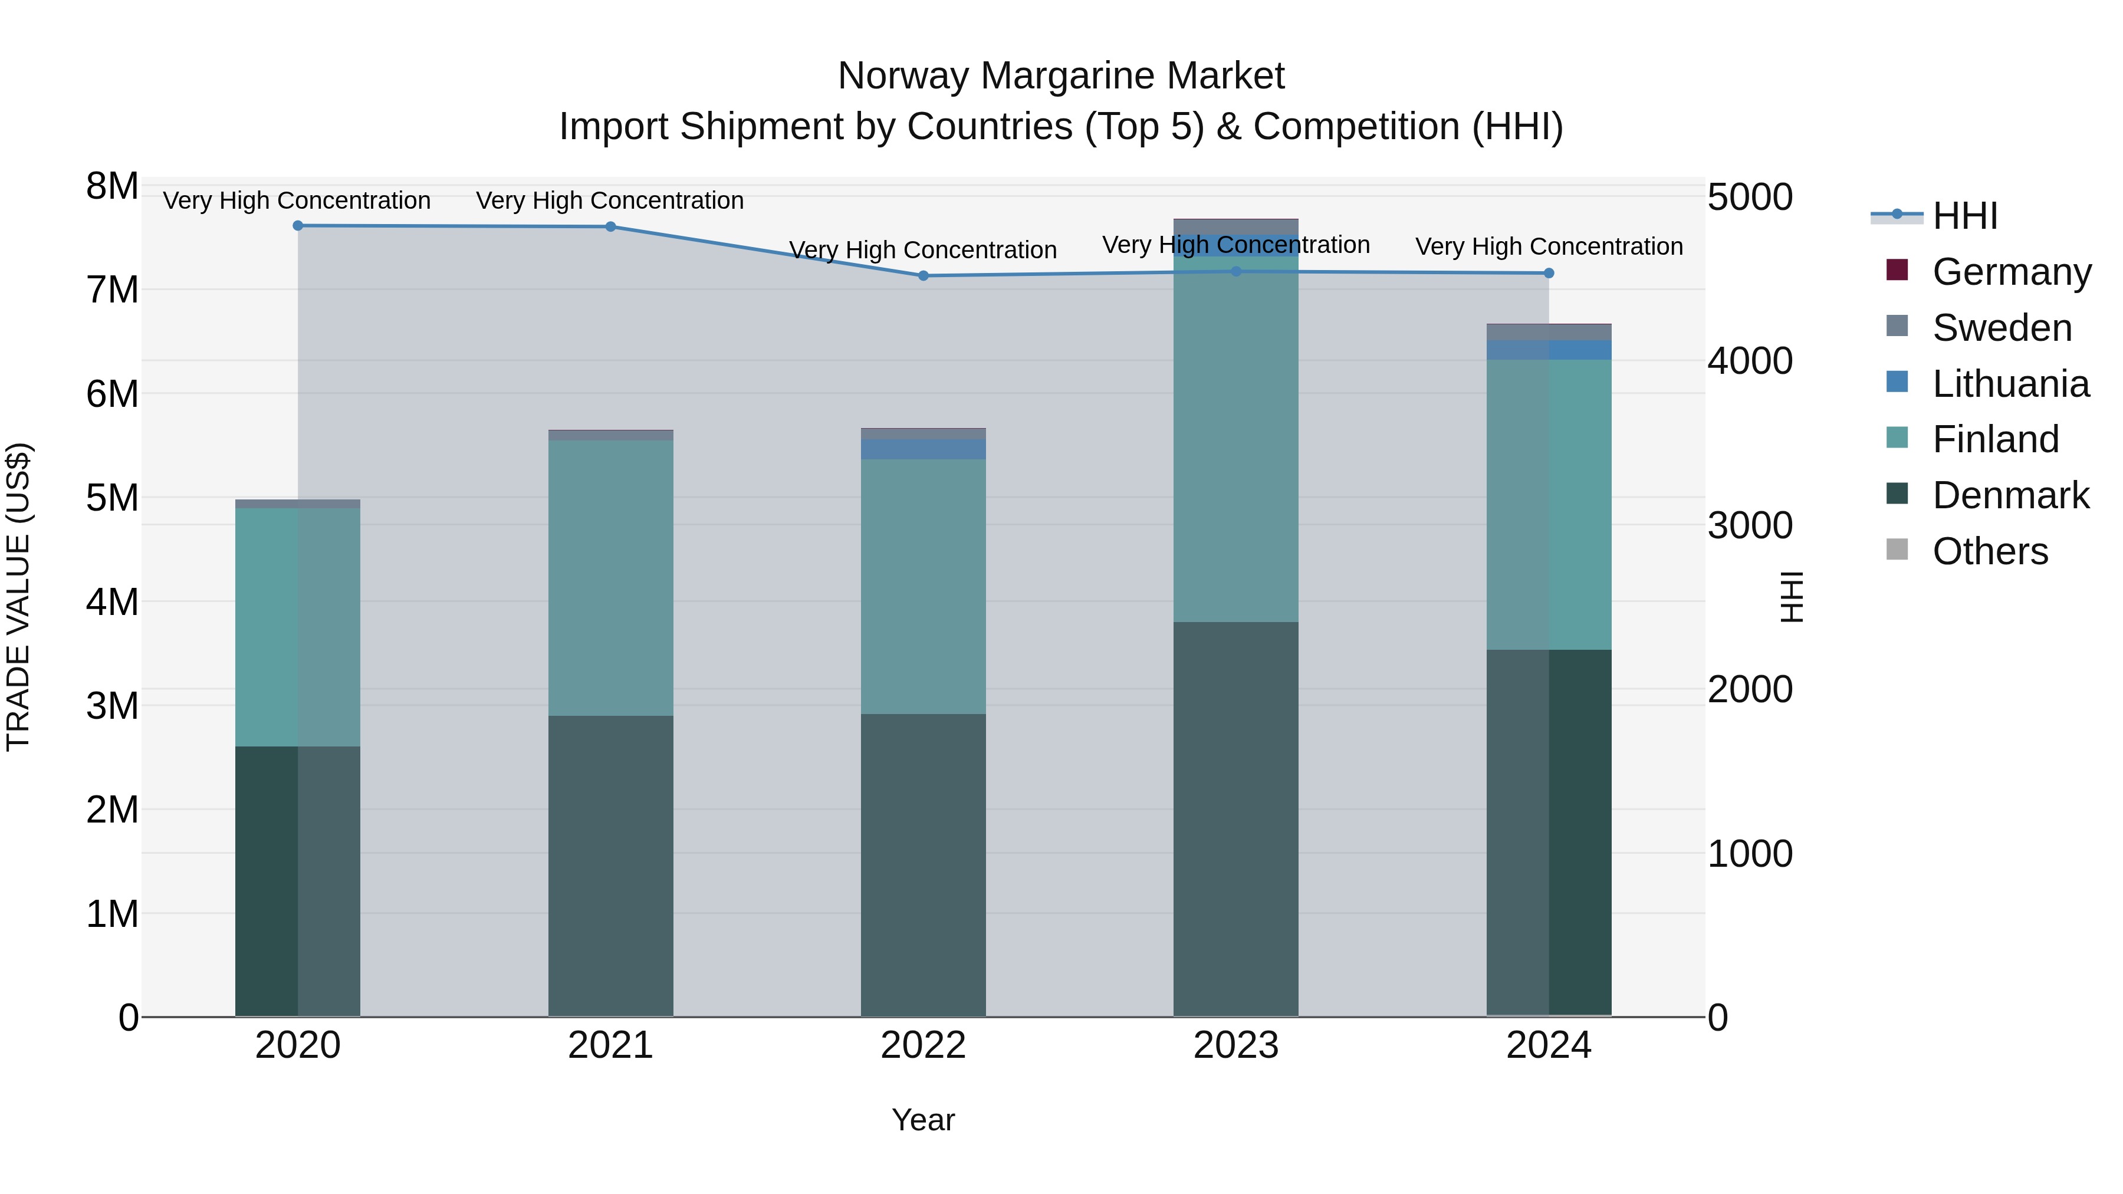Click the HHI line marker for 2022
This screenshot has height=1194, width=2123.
click(923, 276)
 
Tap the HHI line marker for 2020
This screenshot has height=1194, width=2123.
click(298, 226)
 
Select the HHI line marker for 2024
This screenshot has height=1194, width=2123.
click(1549, 273)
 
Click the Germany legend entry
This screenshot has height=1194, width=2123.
click(2011, 272)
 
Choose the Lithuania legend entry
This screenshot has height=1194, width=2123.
click(2010, 384)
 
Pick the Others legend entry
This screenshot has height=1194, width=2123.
click(1990, 551)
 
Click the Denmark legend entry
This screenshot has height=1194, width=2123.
click(2010, 495)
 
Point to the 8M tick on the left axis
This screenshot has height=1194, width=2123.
click(112, 186)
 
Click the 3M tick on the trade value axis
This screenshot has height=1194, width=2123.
click(112, 705)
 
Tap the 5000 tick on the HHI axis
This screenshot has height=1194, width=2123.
click(1750, 198)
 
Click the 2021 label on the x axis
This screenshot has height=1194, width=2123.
click(611, 1045)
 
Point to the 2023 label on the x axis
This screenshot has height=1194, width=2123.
click(1235, 1045)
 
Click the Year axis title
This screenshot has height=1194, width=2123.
click(923, 1120)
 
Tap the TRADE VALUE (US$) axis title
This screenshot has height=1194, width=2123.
click(18, 597)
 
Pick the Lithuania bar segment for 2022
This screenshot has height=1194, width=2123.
click(923, 449)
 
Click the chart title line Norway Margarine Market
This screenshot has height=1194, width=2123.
click(1061, 76)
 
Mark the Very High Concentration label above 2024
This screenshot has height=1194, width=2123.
click(1549, 246)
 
